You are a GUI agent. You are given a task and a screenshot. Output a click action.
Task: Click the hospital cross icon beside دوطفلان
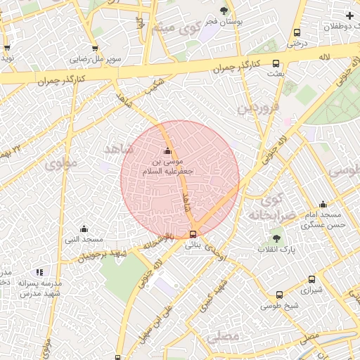click(349, 15)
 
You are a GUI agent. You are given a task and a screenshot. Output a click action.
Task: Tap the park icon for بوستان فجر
click(224, 11)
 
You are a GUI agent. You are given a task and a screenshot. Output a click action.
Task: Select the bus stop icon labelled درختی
click(297, 32)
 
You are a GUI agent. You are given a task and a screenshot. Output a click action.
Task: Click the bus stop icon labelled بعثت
click(276, 63)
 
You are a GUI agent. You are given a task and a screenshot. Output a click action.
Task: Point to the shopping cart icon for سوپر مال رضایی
click(108, 49)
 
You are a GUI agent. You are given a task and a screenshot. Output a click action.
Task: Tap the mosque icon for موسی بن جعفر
click(167, 151)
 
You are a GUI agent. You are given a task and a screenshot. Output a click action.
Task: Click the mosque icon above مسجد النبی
click(84, 229)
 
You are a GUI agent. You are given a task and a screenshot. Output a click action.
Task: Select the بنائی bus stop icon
click(193, 235)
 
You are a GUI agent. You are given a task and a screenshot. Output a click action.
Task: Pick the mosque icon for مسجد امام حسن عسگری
click(323, 203)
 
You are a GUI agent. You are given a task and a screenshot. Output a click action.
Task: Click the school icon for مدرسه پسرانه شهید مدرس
click(39, 271)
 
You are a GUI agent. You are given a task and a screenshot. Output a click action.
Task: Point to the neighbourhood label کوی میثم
click(167, 30)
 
